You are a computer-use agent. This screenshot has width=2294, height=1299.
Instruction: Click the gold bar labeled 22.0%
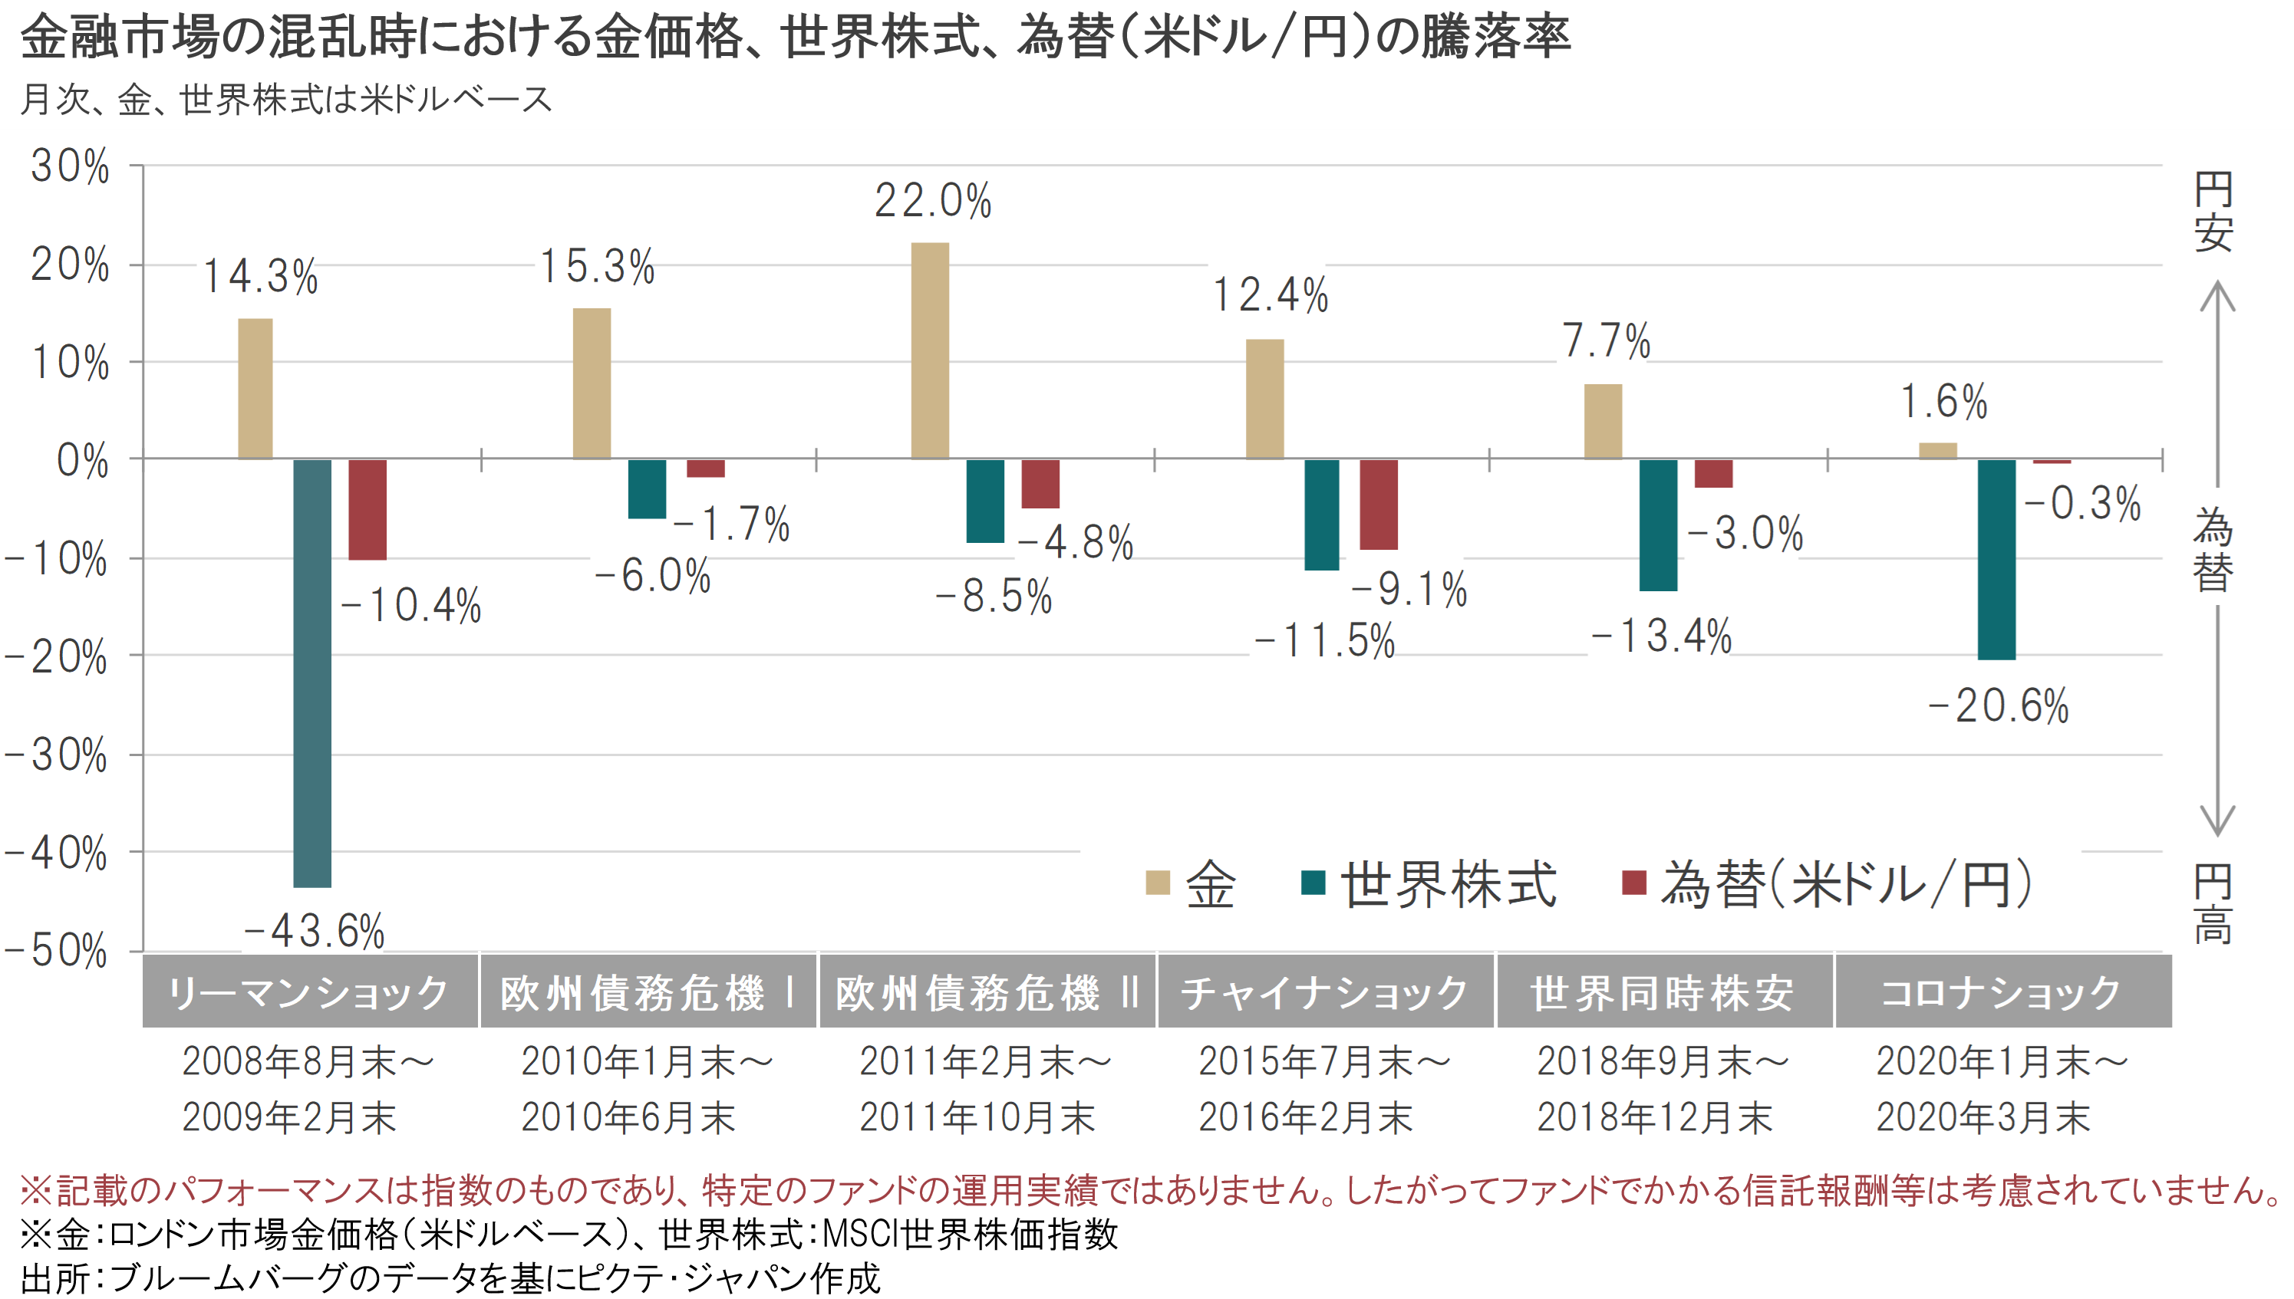click(929, 350)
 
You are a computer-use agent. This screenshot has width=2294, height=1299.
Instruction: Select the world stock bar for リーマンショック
click(311, 673)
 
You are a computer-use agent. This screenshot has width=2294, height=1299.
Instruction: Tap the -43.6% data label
click(315, 930)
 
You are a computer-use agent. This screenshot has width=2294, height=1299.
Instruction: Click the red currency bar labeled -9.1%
click(1377, 504)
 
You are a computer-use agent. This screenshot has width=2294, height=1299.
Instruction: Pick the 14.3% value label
click(260, 276)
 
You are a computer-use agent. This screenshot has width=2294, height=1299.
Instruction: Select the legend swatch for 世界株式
click(1312, 883)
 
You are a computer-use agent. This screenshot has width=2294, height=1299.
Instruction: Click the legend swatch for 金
click(1157, 883)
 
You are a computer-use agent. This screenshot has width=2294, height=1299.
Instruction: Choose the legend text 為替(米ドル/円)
click(1846, 884)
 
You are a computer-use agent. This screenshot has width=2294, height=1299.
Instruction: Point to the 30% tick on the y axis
click(70, 166)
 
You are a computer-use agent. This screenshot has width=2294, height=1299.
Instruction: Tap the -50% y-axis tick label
click(55, 951)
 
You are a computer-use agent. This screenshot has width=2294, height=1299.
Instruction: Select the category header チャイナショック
click(1325, 992)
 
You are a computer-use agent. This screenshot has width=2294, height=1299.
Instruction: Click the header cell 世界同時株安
click(1663, 992)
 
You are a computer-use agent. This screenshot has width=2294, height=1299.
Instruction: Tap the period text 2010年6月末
click(628, 1117)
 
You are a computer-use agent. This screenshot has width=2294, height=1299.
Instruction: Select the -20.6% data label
click(1998, 705)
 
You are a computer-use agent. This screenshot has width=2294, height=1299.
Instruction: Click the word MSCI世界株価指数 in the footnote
click(969, 1235)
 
